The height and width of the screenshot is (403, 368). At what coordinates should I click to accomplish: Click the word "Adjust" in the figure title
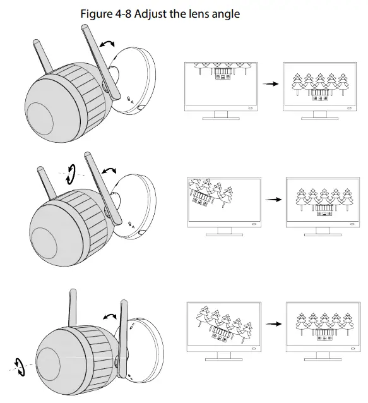(x=151, y=14)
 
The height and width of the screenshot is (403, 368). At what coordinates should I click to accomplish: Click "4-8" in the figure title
(x=123, y=14)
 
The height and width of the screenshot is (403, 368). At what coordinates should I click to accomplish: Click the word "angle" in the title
(x=226, y=15)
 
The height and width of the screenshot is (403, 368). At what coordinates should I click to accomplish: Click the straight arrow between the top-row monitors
(x=270, y=84)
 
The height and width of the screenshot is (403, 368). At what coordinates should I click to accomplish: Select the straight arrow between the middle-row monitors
(x=273, y=200)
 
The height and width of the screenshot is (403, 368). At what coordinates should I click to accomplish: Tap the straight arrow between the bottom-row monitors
(x=273, y=324)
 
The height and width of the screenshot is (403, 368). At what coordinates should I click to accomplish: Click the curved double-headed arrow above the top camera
(x=107, y=43)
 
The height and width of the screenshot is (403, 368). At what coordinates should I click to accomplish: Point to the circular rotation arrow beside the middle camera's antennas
(x=70, y=174)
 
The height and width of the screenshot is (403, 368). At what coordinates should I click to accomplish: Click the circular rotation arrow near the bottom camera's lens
(x=20, y=367)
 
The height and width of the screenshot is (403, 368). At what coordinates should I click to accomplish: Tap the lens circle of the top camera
(x=40, y=119)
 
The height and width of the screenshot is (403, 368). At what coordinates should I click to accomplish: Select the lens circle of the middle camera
(x=44, y=243)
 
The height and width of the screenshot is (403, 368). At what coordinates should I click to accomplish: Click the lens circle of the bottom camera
(x=48, y=363)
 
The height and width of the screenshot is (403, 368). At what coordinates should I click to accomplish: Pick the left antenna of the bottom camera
(x=73, y=308)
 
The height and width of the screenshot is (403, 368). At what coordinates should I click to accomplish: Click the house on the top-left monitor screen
(x=222, y=73)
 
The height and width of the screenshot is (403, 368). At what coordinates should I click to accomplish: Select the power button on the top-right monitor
(x=350, y=109)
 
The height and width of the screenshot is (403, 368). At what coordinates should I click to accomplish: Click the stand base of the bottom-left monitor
(x=224, y=359)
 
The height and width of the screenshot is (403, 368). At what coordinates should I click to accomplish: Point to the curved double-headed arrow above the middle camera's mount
(x=109, y=170)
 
